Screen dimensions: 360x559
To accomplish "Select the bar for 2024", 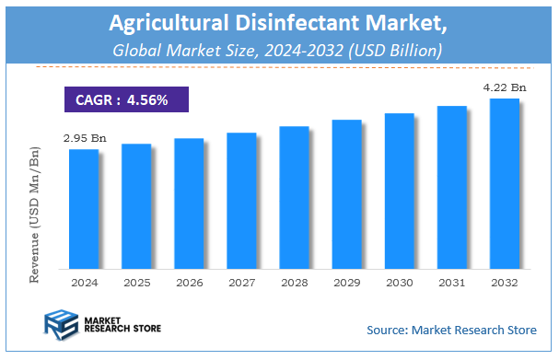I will pos(83,208).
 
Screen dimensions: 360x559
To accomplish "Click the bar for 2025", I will pos(135,205).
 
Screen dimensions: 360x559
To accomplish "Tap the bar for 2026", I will pos(189,203).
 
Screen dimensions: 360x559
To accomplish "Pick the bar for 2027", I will pos(241,200).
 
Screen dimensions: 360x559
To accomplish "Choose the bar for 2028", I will pos(294,197).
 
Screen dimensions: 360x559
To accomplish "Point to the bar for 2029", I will pos(346,193).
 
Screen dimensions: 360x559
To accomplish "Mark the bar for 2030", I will pos(399,191).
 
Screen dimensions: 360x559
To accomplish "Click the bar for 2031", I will pos(451,187).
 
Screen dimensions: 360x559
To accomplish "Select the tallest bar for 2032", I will pos(505,183).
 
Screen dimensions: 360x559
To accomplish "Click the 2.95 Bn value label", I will pos(85,138).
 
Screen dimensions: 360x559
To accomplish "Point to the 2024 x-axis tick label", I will pos(83,282).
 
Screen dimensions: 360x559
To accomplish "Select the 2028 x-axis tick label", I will pos(294,282).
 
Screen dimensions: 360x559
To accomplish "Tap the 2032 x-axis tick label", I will pos(505,282).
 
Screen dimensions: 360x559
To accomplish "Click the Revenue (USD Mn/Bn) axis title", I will pos(34,211).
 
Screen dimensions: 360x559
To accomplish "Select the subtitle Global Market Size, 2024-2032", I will pos(278,49).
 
